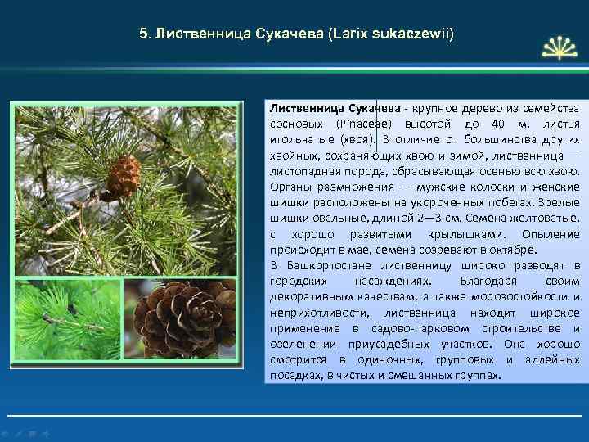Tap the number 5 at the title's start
[143, 35]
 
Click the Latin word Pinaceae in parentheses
[366, 124]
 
